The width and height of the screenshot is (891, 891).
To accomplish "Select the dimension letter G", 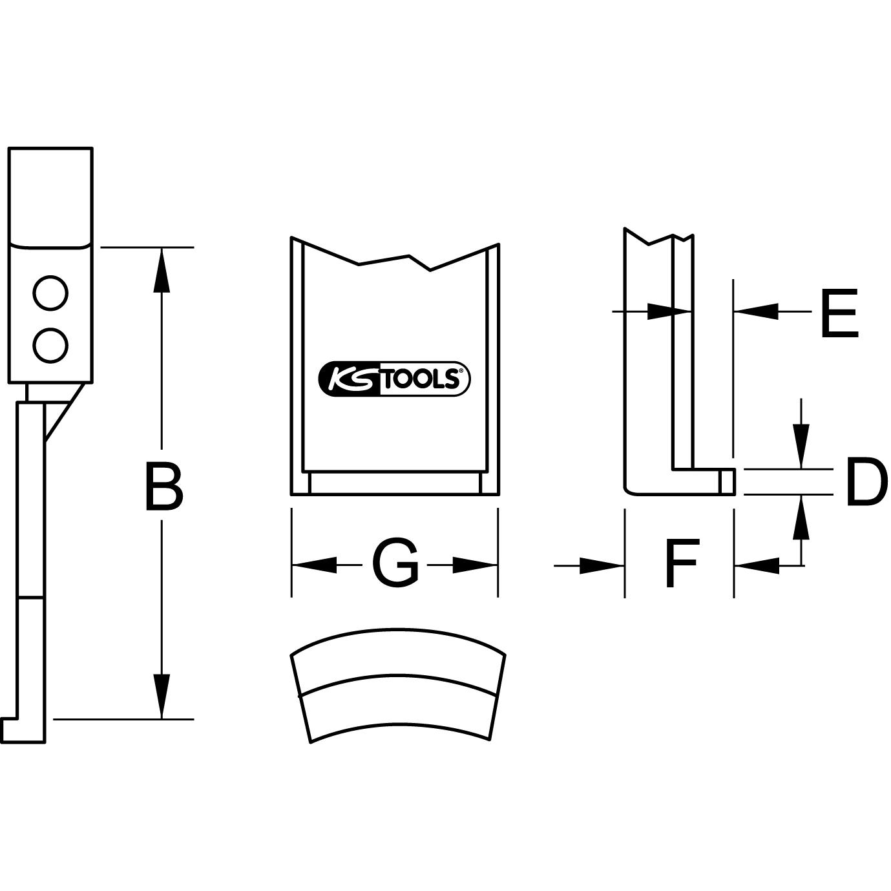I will click(395, 565).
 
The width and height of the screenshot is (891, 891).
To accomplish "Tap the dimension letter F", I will click(681, 565).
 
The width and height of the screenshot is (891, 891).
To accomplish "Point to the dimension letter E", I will click(839, 314).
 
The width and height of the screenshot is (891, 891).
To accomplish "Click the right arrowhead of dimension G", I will click(475, 565).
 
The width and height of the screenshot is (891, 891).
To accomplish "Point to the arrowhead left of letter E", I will click(756, 312).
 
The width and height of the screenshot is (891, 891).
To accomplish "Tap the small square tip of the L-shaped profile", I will click(727, 479).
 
